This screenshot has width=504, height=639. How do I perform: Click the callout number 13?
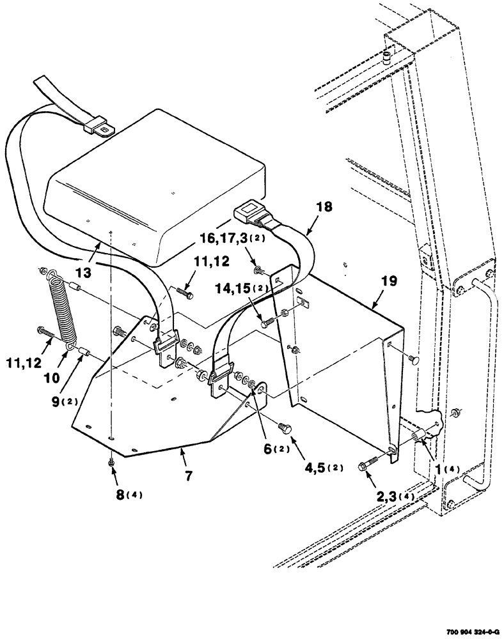pyautogui.click(x=84, y=271)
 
